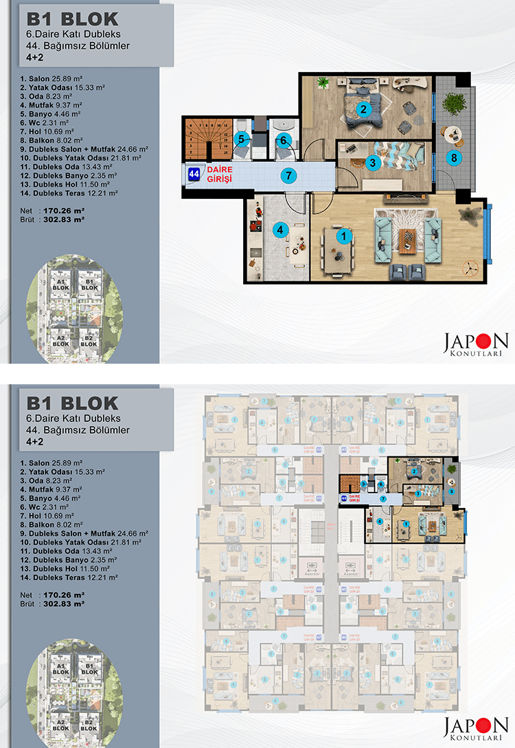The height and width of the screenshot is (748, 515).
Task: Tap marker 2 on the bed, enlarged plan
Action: pyautogui.click(x=364, y=108)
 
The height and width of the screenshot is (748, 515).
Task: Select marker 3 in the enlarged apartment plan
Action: pyautogui.click(x=373, y=163)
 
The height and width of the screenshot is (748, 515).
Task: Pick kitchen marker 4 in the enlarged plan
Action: pyautogui.click(x=279, y=230)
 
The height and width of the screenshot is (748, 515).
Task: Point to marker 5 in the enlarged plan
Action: pyautogui.click(x=242, y=139)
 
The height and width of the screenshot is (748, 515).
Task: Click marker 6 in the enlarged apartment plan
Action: pyautogui.click(x=284, y=140)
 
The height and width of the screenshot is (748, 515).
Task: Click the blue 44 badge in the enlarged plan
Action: pyautogui.click(x=194, y=175)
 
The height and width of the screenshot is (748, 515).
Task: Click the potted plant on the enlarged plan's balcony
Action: pyautogui.click(x=453, y=103)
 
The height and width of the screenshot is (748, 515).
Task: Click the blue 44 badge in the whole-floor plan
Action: pyautogui.click(x=344, y=498)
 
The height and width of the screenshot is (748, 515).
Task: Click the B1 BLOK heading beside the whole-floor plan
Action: pyautogui.click(x=72, y=403)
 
